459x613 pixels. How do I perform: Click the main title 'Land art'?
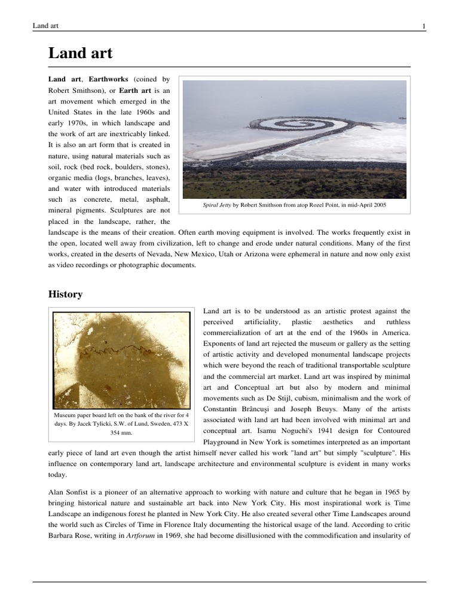tap(80, 54)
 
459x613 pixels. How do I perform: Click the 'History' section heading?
tap(65, 294)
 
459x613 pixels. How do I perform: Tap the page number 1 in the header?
tap(423, 26)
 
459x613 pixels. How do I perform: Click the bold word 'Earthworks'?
tap(109, 79)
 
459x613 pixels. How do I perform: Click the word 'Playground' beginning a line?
tap(224, 441)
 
